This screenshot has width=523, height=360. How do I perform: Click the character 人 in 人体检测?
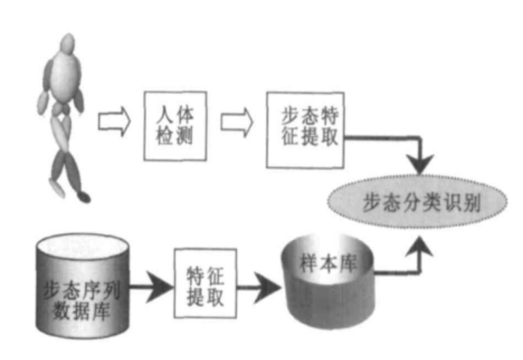point(161,112)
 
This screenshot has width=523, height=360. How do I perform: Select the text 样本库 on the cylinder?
point(327,265)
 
